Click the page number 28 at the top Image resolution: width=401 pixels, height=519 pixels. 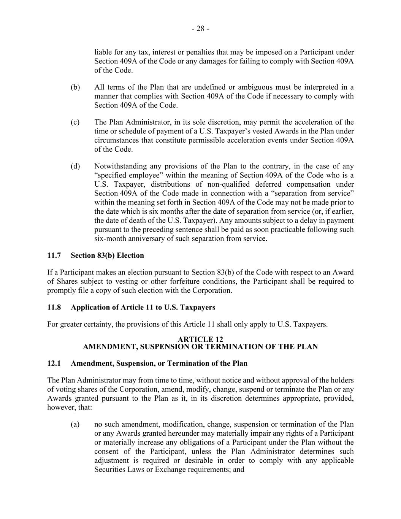click(200, 29)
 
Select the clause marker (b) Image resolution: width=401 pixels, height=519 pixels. click(75, 87)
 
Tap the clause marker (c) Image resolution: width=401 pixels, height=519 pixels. click(75, 122)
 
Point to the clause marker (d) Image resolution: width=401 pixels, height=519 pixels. click(75, 166)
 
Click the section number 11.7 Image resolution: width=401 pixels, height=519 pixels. click(54, 255)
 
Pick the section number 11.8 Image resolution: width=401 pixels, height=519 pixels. click(54, 307)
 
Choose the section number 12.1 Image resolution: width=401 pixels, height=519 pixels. click(54, 363)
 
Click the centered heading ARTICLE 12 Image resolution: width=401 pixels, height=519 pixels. click(200, 339)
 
